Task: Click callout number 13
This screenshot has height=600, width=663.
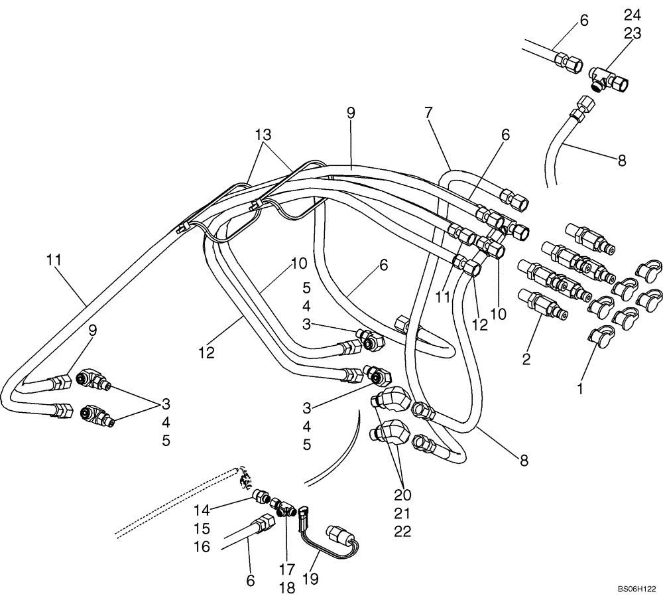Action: [264, 135]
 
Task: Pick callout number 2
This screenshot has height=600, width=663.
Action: [526, 359]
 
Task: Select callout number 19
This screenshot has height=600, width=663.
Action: [310, 579]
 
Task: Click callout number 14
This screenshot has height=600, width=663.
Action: [202, 510]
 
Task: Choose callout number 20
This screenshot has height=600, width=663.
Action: [402, 495]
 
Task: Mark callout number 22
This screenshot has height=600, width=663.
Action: [402, 531]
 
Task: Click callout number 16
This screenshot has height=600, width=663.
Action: [202, 546]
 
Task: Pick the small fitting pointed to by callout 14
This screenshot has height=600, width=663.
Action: [261, 495]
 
